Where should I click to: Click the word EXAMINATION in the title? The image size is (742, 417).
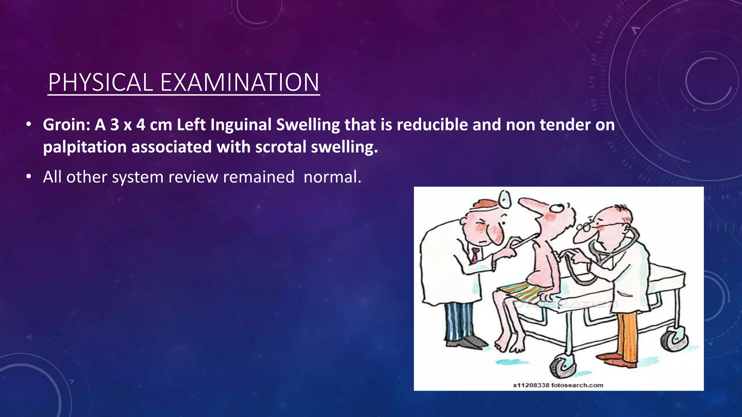point(239,83)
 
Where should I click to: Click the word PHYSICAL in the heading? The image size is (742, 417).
point(101,83)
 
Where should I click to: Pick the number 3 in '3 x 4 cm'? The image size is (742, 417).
point(114,125)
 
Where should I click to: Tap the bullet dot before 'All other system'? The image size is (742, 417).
point(29,177)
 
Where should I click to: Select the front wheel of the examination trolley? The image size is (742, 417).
point(560,366)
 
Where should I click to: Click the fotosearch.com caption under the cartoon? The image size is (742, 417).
point(558,385)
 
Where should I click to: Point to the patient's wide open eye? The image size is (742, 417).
point(558,208)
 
